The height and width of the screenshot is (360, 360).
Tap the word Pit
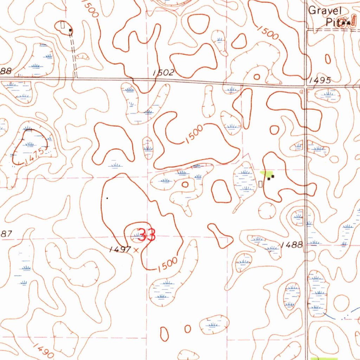(331, 22)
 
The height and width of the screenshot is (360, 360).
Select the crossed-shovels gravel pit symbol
(346, 23)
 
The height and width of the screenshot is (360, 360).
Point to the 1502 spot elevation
(164, 73)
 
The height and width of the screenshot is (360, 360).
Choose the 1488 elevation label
(292, 245)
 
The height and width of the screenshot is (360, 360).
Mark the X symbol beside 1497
(136, 250)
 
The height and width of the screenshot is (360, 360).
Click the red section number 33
(146, 235)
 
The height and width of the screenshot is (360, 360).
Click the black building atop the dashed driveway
(70, 31)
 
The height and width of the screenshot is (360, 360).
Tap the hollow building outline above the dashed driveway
(63, 25)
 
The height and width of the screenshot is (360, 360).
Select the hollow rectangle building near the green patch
(261, 184)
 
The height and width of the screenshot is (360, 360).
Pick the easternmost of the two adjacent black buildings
(273, 176)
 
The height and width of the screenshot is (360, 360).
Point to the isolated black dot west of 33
(107, 198)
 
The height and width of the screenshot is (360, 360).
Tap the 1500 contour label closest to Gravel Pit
(268, 33)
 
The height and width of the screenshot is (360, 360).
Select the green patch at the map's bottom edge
(323, 358)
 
